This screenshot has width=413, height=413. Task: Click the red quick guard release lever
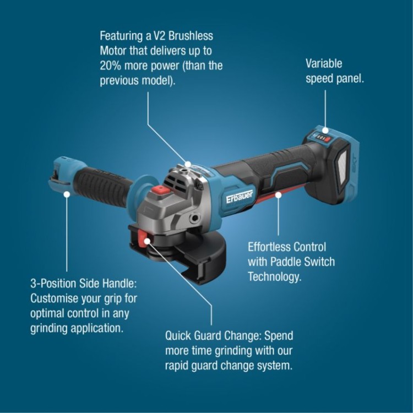(143, 238)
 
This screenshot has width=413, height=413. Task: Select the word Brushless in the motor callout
(191, 36)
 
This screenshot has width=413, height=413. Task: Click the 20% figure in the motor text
(110, 66)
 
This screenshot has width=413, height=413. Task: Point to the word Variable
(324, 64)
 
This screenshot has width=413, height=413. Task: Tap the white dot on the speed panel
(325, 130)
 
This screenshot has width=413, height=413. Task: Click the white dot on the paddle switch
(278, 194)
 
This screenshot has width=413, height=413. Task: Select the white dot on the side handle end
(67, 194)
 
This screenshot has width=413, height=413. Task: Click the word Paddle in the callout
(285, 262)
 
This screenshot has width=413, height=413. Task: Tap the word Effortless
(269, 247)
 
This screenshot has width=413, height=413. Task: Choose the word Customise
(55, 298)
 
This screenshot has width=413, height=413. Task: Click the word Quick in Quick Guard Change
(178, 336)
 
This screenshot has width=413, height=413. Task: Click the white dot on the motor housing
(188, 164)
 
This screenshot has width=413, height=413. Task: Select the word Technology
(274, 277)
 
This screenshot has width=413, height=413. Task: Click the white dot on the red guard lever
(147, 241)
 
